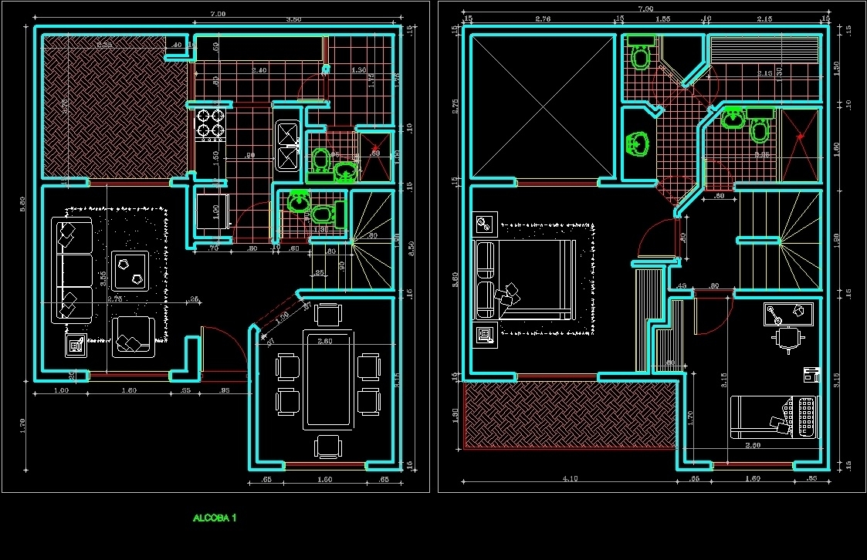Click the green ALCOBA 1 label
point(215,518)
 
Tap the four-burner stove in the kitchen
point(211,125)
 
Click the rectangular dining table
point(328,379)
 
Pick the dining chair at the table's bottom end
point(328,447)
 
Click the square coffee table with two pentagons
point(130,270)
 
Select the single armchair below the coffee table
point(134,336)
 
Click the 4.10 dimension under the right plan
point(570,478)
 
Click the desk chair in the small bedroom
point(787,339)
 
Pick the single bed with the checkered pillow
point(774,417)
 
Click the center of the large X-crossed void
point(545,106)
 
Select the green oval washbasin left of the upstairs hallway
point(638,143)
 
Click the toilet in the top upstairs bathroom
point(640,56)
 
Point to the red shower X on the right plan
point(801,137)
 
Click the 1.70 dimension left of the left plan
point(23,423)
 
